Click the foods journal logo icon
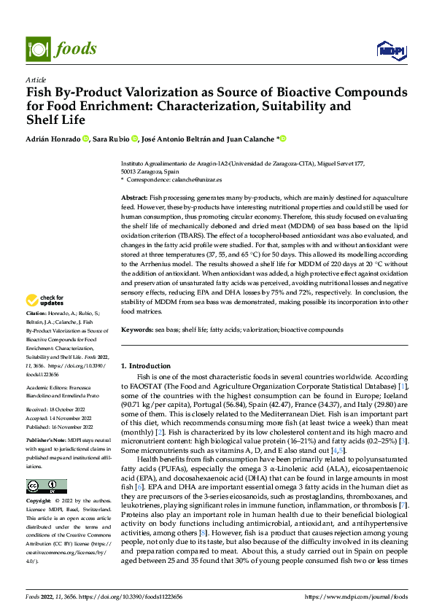point(38,49)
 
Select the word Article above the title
point(36,79)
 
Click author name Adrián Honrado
point(53,139)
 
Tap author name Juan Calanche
point(249,139)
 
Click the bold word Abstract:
point(133,198)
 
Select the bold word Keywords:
point(136,330)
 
